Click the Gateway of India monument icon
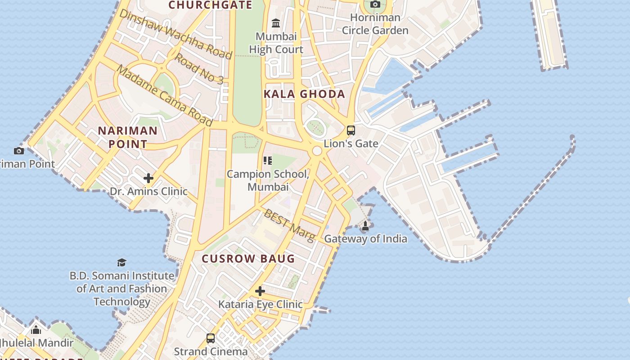(365, 226)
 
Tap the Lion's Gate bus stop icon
(351, 130)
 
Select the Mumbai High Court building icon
(276, 23)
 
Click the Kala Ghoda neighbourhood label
(304, 94)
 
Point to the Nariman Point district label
(128, 137)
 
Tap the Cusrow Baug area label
(248, 259)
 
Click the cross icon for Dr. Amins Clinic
(148, 178)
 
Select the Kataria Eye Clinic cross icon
(260, 291)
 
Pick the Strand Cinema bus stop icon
(211, 338)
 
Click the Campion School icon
(268, 160)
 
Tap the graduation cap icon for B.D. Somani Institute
(121, 262)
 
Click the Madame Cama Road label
(164, 95)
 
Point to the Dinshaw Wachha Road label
(175, 34)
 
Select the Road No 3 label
(199, 69)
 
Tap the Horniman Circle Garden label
(375, 24)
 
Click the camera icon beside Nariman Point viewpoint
(19, 151)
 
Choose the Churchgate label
(210, 5)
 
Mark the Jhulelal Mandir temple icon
(36, 330)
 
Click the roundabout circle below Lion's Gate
(317, 151)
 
